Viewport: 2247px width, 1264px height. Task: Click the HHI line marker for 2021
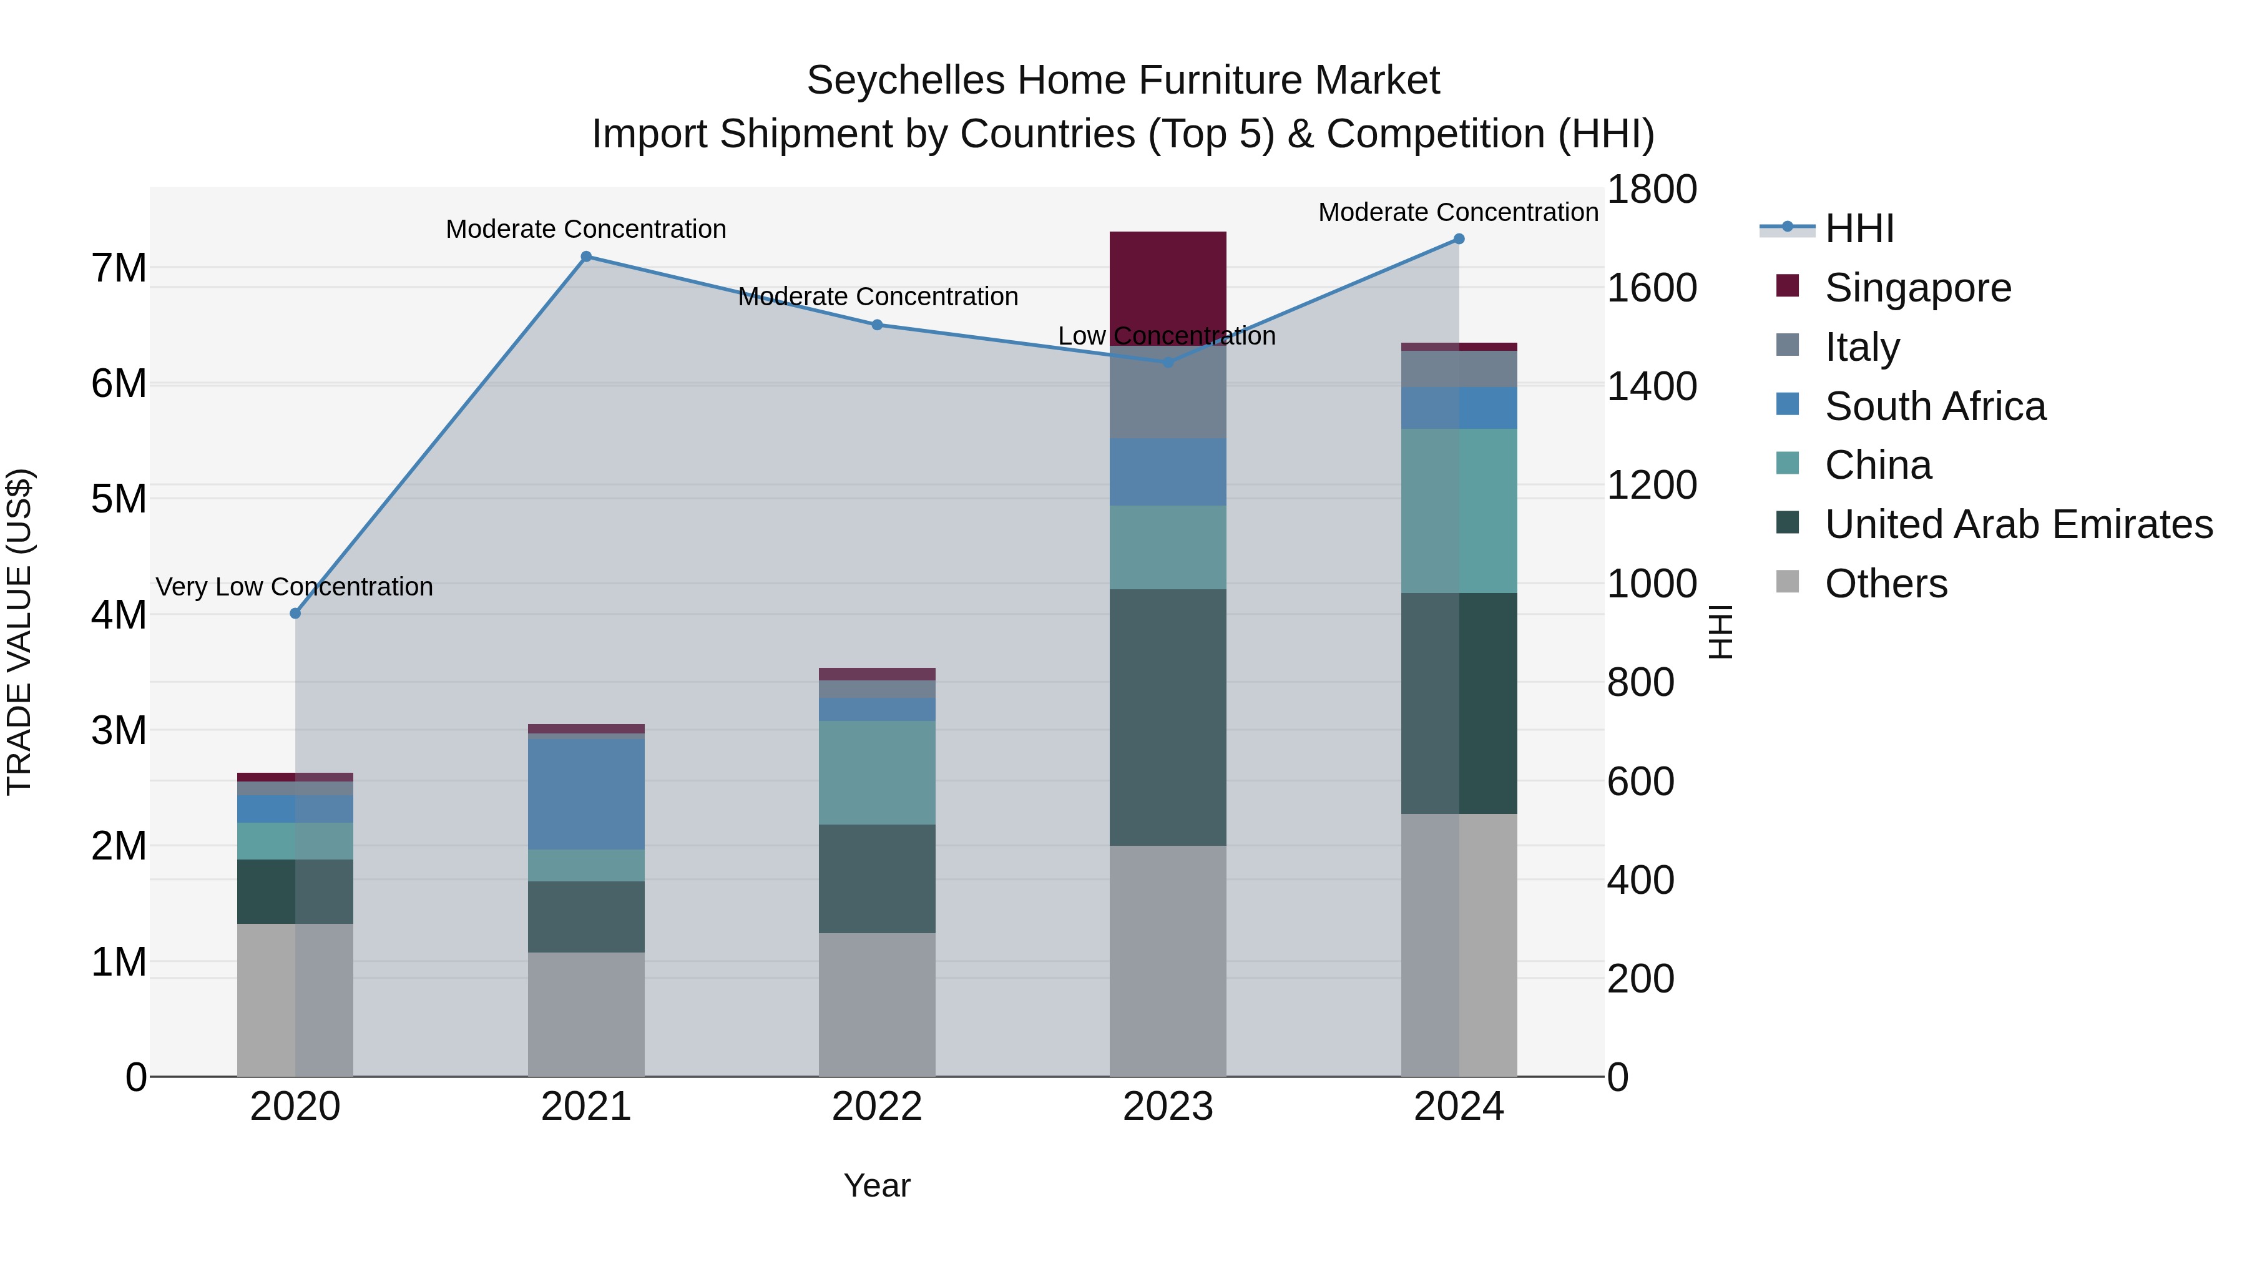coord(586,257)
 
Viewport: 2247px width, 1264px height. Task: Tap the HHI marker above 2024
coord(1459,239)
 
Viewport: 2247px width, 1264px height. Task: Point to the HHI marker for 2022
coord(878,325)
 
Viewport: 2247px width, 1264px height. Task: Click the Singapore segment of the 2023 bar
coord(1168,288)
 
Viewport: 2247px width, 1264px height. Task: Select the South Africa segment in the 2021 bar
coord(586,794)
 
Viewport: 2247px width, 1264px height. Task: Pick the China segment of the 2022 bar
coord(878,772)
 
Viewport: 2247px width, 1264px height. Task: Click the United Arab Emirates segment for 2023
coord(1168,717)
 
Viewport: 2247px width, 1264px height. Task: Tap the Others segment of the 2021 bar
coord(586,1014)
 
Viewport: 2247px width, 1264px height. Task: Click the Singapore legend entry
coord(1917,288)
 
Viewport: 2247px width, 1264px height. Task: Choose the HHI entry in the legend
coord(1859,228)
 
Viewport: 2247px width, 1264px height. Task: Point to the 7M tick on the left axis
coord(119,268)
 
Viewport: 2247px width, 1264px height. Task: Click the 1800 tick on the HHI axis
coord(1651,189)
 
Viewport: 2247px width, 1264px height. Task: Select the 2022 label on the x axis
coord(878,1107)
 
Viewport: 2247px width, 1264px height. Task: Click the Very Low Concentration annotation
coord(295,587)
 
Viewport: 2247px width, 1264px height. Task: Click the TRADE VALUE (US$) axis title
coord(19,632)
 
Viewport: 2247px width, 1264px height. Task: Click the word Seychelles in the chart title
coord(906,81)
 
